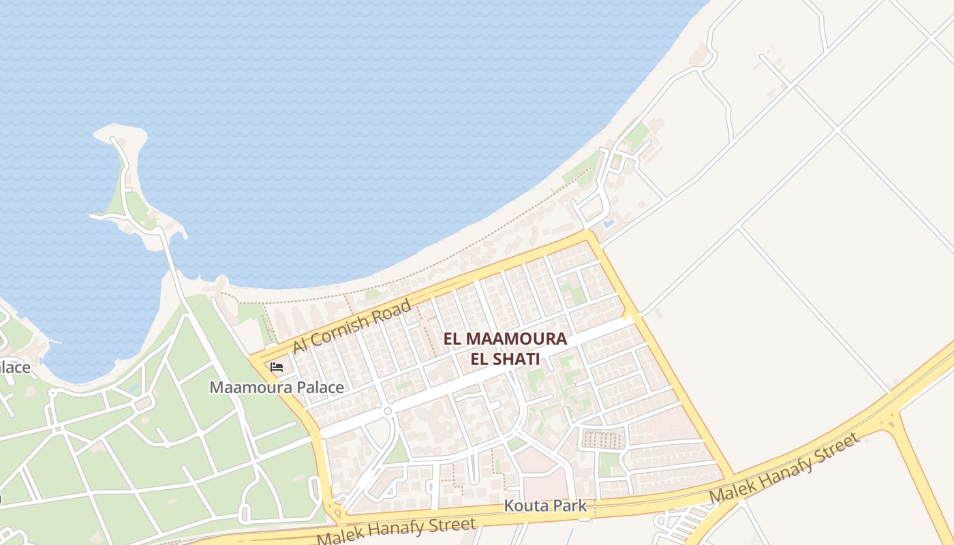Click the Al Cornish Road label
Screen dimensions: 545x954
click(352, 326)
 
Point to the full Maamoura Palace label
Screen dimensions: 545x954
click(276, 388)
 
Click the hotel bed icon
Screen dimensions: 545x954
click(277, 367)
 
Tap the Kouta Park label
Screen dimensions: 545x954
click(545, 506)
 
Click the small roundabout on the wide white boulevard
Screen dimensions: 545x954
click(388, 411)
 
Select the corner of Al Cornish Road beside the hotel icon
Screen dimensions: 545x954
click(254, 358)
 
